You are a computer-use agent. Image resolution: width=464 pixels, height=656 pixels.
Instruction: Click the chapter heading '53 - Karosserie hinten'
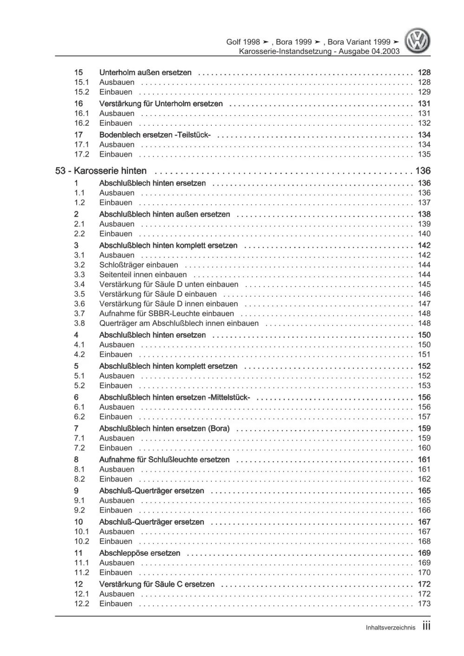click(101, 171)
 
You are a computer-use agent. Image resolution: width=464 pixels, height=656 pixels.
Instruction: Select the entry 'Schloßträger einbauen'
click(138, 265)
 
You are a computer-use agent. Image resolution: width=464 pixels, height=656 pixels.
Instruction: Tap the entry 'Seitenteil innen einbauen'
click(143, 275)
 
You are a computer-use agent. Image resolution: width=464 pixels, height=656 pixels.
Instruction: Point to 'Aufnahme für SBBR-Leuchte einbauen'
click(166, 314)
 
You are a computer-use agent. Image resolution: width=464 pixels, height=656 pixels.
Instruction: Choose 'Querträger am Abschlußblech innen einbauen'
click(179, 323)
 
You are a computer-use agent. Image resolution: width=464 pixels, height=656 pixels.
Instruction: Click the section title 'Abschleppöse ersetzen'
click(139, 553)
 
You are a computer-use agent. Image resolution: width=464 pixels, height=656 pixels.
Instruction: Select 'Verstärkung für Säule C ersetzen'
click(157, 584)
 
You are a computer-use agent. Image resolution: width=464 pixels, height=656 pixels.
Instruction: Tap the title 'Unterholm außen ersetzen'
click(145, 72)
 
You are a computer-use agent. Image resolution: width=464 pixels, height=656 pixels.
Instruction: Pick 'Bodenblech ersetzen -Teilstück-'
click(155, 135)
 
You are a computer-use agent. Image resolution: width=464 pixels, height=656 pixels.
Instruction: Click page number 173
click(424, 604)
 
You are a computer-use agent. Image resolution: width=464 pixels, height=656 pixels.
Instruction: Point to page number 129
click(424, 92)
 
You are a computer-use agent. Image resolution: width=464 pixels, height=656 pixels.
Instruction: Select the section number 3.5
click(79, 294)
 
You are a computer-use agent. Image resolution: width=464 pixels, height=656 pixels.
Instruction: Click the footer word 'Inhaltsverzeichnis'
click(390, 628)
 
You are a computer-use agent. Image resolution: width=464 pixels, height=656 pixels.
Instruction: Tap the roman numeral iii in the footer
click(426, 626)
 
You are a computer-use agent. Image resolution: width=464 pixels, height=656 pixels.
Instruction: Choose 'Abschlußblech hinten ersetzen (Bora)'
click(164, 429)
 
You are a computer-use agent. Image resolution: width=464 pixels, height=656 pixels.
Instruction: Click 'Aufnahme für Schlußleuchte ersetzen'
click(164, 460)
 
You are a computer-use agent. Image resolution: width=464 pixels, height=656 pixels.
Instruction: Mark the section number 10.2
click(81, 541)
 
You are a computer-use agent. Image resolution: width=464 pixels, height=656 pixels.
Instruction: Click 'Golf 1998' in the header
click(243, 42)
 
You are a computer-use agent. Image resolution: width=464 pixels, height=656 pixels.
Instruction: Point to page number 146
click(424, 294)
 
